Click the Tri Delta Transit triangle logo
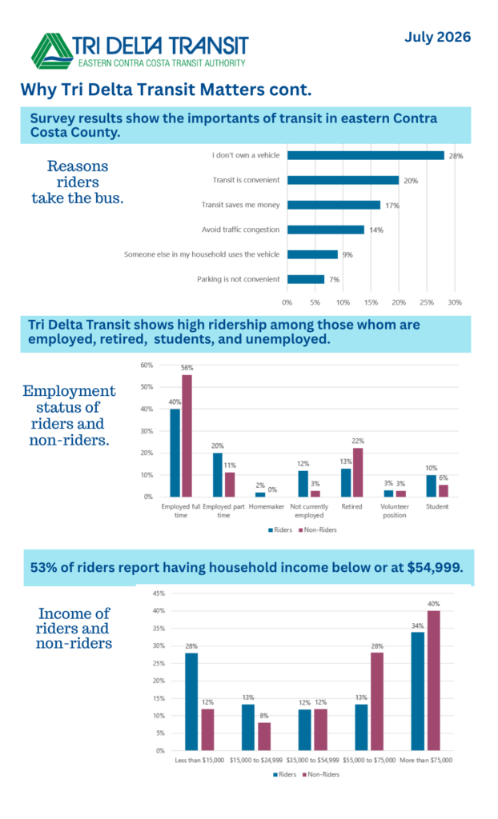coord(52,51)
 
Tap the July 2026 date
coord(437,37)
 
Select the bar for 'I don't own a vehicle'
coord(366,155)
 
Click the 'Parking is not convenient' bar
coord(306,279)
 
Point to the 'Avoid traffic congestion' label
coord(241,230)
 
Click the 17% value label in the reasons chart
coord(392,206)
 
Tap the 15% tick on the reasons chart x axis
coord(371,302)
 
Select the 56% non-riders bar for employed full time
coord(187,436)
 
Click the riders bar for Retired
coord(346,482)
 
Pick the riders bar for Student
coord(431,485)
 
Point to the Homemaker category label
coord(267,506)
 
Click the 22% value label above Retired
coord(358,441)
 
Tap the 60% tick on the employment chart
coord(147,365)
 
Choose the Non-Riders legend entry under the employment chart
coord(318,529)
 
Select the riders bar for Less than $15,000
coord(191,701)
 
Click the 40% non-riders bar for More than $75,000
coord(434,681)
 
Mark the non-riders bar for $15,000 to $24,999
coord(264,737)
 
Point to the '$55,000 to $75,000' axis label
coord(369,760)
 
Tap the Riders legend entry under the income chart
coord(284,774)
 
